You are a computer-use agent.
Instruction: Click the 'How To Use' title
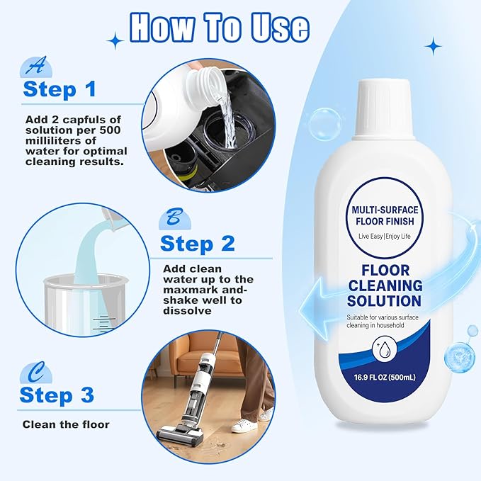219,28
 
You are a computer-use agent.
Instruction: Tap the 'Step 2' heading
197,244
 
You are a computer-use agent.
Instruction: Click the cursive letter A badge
33,67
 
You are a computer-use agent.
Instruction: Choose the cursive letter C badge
31,372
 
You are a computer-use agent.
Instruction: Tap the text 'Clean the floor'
66,425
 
